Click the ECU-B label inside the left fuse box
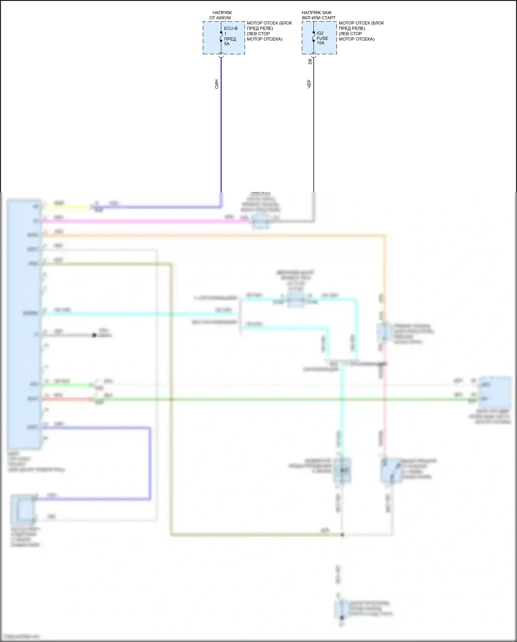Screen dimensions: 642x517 231,28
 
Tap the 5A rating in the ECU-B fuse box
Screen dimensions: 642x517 227,44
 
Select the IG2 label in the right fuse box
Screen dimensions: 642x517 320,33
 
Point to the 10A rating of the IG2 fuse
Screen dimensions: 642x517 321,43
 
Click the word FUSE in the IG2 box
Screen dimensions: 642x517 322,38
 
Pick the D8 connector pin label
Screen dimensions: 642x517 310,61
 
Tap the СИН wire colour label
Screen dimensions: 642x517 216,84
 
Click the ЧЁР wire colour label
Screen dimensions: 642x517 309,84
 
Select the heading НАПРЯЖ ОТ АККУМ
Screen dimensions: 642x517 221,15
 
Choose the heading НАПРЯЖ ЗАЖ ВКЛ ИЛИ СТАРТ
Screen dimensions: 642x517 318,15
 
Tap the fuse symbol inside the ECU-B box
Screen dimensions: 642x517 221,37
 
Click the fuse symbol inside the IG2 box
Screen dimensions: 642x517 314,37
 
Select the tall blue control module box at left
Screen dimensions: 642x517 24,324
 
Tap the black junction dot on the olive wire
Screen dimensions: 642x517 342,535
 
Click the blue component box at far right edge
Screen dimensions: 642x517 495,392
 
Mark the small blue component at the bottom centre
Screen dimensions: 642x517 341,609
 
